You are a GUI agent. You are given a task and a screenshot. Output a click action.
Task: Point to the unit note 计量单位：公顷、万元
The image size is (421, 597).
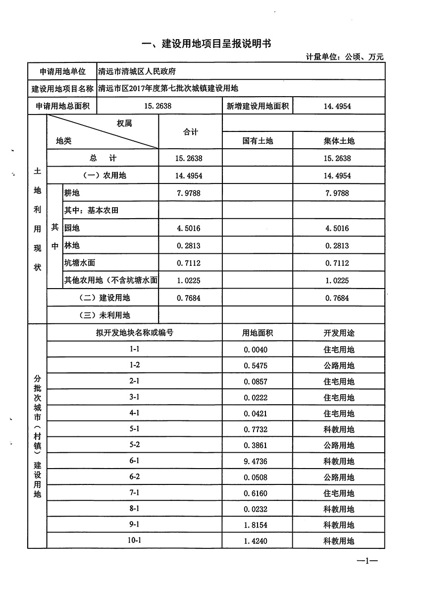click(x=345, y=58)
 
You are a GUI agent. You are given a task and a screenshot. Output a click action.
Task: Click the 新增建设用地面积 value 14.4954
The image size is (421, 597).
click(x=338, y=106)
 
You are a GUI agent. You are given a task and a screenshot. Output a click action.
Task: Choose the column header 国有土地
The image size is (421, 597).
click(x=258, y=141)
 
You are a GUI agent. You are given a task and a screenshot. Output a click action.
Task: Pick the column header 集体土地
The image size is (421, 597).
click(x=339, y=141)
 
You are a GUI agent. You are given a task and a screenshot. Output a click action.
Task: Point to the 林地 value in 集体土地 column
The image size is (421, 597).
click(x=338, y=245)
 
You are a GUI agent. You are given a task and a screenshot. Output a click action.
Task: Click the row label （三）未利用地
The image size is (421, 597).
click(x=105, y=315)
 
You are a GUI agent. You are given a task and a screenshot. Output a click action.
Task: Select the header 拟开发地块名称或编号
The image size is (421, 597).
click(x=135, y=333)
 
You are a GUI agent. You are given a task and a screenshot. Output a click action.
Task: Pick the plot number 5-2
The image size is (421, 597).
click(x=135, y=445)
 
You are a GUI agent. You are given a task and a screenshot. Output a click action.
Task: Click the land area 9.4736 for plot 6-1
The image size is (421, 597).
click(x=256, y=461)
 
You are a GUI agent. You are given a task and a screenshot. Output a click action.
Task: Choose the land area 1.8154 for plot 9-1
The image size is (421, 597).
click(x=256, y=525)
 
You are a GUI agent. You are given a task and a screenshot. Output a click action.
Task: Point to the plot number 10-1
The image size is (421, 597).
click(x=135, y=540)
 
